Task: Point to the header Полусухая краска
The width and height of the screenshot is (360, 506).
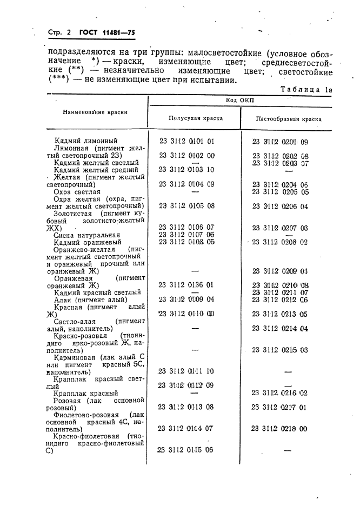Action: (x=195, y=118)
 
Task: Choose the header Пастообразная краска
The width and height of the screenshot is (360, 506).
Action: (x=281, y=118)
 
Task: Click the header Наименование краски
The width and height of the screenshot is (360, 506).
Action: (x=95, y=112)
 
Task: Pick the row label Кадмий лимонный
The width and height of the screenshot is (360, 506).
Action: (x=86, y=141)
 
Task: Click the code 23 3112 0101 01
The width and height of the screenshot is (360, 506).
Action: (x=187, y=142)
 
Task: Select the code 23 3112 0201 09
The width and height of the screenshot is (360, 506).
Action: (x=280, y=142)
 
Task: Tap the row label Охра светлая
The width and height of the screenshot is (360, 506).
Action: (x=77, y=191)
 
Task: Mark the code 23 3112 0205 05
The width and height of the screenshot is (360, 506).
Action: (x=281, y=191)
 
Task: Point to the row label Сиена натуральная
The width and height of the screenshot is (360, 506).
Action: (x=87, y=235)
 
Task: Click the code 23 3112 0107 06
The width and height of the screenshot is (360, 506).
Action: (x=187, y=235)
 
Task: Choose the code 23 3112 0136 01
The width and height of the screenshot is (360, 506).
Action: (x=187, y=284)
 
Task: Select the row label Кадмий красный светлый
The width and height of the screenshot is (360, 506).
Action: (x=97, y=292)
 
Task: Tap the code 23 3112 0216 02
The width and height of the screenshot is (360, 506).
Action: (x=279, y=393)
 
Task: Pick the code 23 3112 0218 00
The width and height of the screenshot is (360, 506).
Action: (x=279, y=428)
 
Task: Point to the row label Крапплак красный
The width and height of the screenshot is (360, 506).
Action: (x=86, y=394)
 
